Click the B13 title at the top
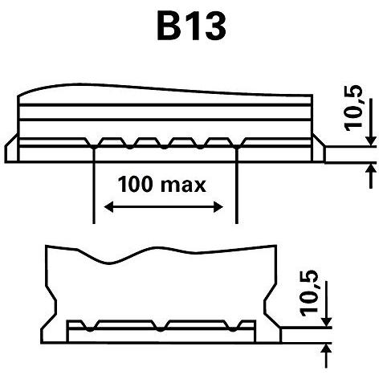(191, 26)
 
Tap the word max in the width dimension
(184, 185)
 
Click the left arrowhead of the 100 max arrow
(108, 207)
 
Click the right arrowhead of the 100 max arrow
(218, 207)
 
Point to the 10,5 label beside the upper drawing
(353, 108)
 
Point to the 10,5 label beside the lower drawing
(309, 293)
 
